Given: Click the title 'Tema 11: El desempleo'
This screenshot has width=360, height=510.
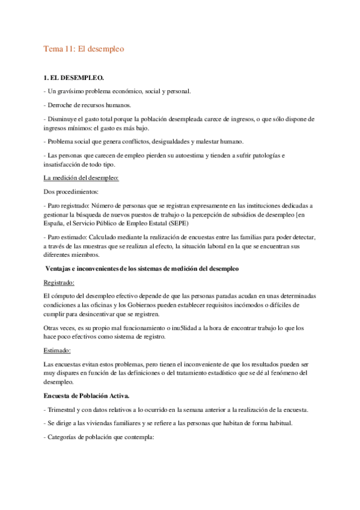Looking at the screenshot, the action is click(84, 49).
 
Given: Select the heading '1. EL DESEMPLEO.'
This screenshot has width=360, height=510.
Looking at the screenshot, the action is click(74, 79).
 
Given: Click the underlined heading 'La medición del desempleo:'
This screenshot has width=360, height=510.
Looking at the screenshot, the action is click(81, 177).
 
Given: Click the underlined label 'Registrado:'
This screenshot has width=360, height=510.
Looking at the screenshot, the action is click(59, 281).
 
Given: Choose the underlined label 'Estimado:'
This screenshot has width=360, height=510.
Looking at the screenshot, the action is click(58, 350).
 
